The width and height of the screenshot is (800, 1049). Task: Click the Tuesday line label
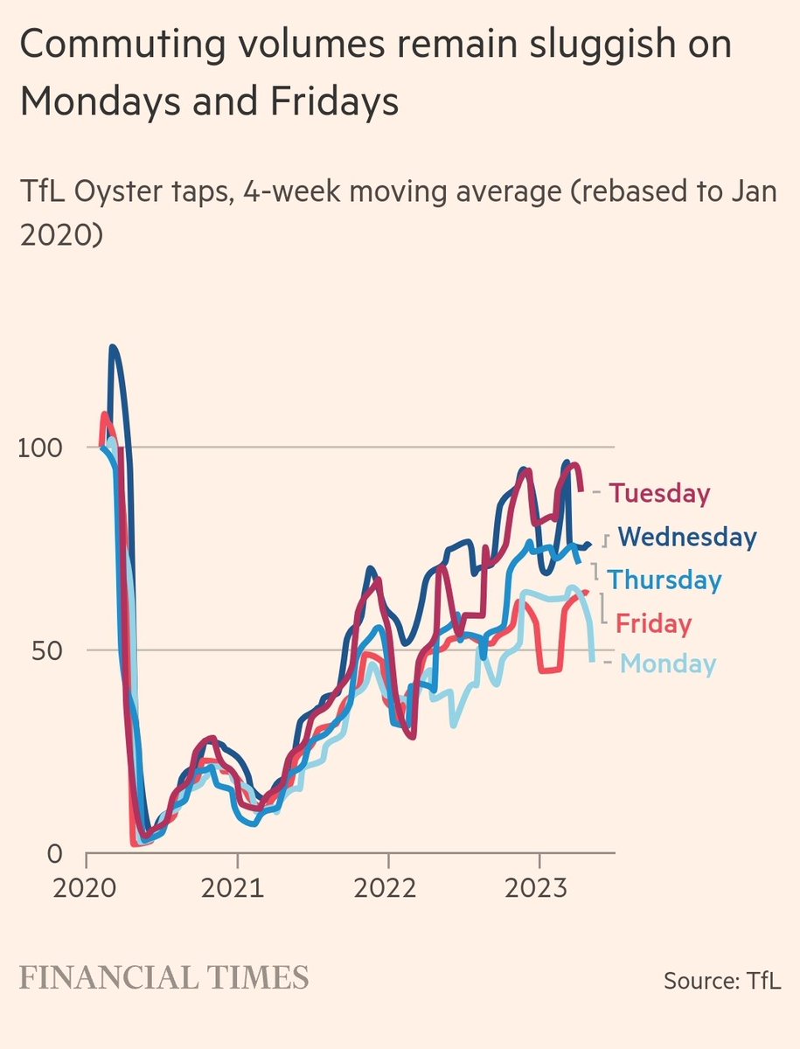659,493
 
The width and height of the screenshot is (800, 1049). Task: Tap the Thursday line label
665,580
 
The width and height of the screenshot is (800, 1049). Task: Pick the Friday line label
653,623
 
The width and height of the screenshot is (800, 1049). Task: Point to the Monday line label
668,664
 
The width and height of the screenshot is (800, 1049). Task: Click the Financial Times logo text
164,977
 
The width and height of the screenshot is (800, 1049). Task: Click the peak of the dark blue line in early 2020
113,347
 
